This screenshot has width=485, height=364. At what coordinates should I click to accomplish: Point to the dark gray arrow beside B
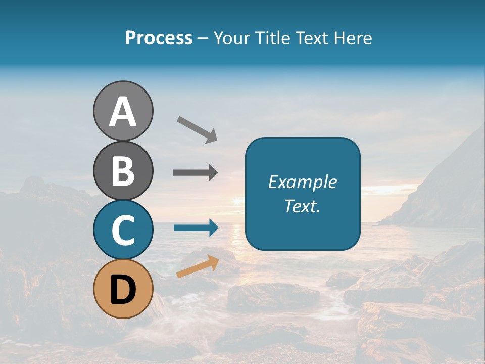tap(196, 173)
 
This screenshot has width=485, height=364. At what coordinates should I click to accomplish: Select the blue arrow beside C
tap(196, 227)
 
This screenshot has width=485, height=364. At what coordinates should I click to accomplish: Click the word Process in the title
tap(159, 38)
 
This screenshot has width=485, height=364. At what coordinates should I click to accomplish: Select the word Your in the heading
tap(230, 38)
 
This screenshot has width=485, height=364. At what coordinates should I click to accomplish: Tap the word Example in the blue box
tap(303, 182)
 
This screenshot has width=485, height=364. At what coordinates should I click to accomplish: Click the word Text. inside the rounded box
tap(303, 206)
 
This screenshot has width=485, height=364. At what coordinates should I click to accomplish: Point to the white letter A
tap(123, 111)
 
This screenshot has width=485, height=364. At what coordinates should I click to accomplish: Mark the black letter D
tap(123, 290)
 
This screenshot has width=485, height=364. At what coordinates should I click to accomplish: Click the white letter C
tap(123, 230)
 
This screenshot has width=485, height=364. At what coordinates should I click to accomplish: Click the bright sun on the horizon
tap(236, 201)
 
